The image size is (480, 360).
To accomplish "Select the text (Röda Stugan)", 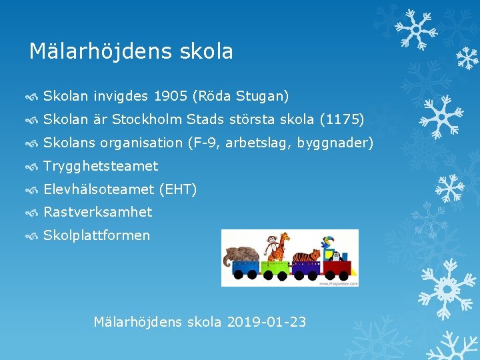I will coord(241,96).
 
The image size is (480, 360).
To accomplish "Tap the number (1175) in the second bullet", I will coord(342,119).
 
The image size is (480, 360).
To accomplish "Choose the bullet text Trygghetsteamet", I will coord(101,166).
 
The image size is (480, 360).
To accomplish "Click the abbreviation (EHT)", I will coord(177,189).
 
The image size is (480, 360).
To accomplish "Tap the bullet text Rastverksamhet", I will coord(97,212).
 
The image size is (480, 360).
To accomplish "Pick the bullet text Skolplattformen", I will coord(97,235).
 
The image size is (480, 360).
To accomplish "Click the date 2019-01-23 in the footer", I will coord(267,322).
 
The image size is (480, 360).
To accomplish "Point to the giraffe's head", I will coord(286,237).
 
